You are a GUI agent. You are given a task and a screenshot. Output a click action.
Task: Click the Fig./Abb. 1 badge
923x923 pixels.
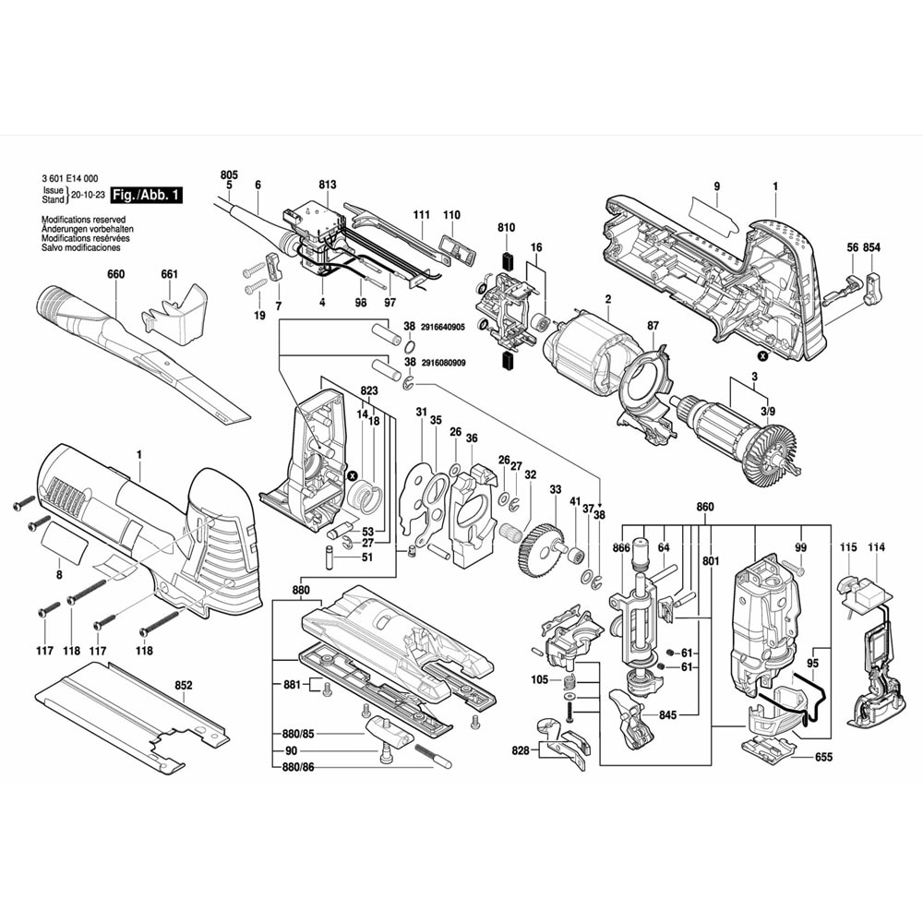[x=146, y=196]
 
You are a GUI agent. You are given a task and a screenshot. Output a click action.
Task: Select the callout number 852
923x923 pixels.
[x=184, y=686]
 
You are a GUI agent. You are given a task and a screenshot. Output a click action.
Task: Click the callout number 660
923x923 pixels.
[x=114, y=274]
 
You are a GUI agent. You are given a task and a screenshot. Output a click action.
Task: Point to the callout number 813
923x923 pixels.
[x=328, y=185]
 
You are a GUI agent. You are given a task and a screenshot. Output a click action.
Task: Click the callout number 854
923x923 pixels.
[x=871, y=247]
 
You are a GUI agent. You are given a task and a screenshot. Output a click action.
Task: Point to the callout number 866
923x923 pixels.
[x=621, y=548]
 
